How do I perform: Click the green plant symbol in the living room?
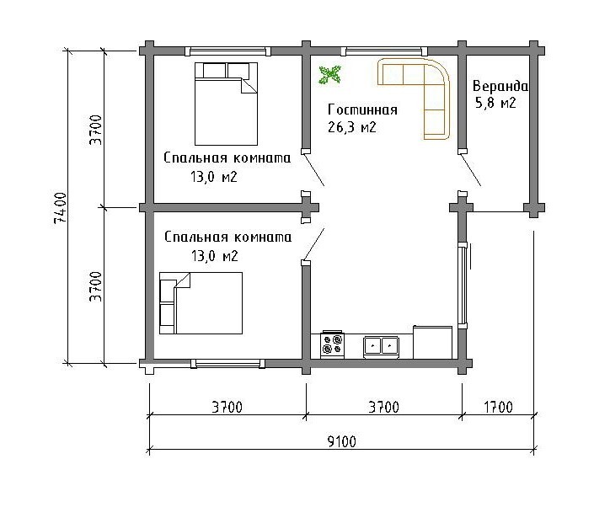point(330,75)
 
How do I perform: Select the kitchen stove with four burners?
point(333,344)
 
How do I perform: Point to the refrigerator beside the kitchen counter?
point(432,342)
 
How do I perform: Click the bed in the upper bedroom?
point(226,104)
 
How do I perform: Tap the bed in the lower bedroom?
point(201,303)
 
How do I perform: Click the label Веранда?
point(500,86)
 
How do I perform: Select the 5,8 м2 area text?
point(495,103)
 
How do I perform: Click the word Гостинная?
point(362,109)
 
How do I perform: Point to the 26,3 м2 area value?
point(351,127)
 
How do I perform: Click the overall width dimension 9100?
point(341,441)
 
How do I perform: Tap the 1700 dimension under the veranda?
point(498,407)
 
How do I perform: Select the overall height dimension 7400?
point(61,208)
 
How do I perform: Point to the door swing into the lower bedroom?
point(313,244)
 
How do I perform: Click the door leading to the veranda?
point(470,169)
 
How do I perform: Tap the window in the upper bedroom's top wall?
point(228,51)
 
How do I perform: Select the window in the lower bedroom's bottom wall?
point(227,364)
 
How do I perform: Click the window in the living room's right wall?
point(463,286)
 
